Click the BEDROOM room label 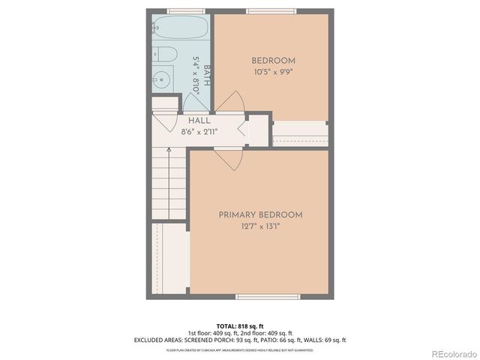coord(273,61)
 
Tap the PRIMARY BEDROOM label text coord(260,215)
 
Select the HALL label coord(199,121)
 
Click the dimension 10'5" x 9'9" coord(273,72)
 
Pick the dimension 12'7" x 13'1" coord(260,227)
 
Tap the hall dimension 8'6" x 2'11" coord(199,131)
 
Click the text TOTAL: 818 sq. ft coord(239,326)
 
